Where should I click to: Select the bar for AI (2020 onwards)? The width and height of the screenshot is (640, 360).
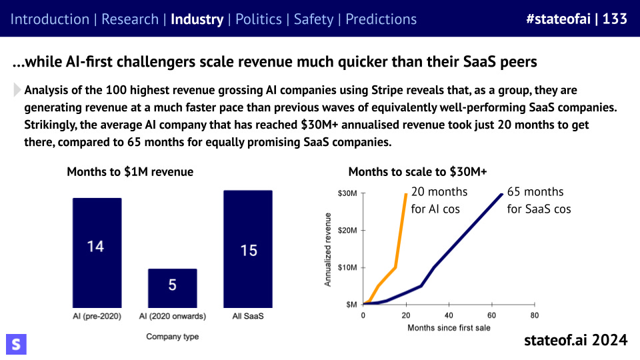(x=172, y=287)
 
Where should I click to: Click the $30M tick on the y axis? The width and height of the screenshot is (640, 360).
(x=348, y=193)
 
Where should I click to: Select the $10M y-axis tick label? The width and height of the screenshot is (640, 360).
(x=348, y=267)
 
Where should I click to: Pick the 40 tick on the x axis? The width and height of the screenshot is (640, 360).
(x=449, y=315)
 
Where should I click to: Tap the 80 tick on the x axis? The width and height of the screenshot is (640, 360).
(x=534, y=315)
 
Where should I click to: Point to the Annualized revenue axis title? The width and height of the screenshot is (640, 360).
(x=328, y=249)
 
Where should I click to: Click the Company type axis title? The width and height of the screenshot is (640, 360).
(x=172, y=337)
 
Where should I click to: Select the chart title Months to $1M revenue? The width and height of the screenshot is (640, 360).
(x=130, y=172)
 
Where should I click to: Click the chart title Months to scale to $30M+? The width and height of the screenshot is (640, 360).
(x=417, y=172)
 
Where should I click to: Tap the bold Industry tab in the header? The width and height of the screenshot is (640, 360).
(x=197, y=19)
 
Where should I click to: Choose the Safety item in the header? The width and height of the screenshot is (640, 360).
(x=313, y=19)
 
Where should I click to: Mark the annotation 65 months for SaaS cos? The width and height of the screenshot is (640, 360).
(x=539, y=200)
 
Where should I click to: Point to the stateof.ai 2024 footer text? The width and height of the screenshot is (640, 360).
(x=576, y=340)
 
